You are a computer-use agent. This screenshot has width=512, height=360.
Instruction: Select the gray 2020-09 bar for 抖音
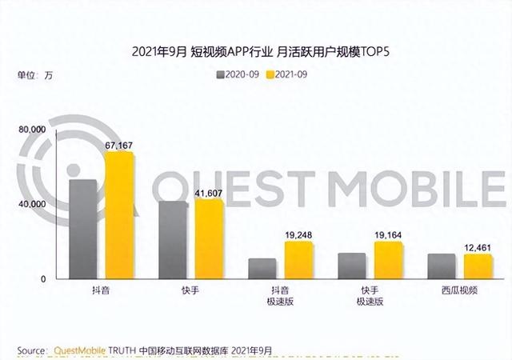point(84,229)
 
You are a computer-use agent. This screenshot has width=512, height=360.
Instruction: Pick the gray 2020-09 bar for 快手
point(174,239)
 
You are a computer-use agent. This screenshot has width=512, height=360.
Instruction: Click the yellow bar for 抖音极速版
point(299,259)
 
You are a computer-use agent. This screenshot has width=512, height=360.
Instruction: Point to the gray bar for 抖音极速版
point(263,268)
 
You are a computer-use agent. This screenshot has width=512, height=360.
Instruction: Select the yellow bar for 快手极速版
point(388,259)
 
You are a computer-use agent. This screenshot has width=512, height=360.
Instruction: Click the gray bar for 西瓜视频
point(442,266)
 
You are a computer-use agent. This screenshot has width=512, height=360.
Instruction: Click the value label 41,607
point(209,192)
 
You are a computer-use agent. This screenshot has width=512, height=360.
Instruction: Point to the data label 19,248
point(299,234)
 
